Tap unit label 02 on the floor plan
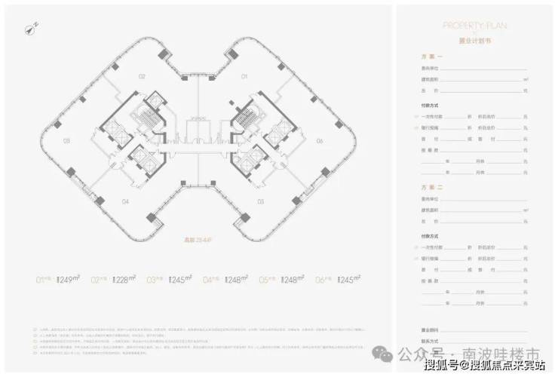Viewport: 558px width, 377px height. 141,77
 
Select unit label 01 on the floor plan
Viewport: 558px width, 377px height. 244,77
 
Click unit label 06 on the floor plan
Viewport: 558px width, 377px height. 319,141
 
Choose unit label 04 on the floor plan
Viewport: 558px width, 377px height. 125,201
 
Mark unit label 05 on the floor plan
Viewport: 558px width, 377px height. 260,201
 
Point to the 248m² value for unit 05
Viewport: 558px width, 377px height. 289,279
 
